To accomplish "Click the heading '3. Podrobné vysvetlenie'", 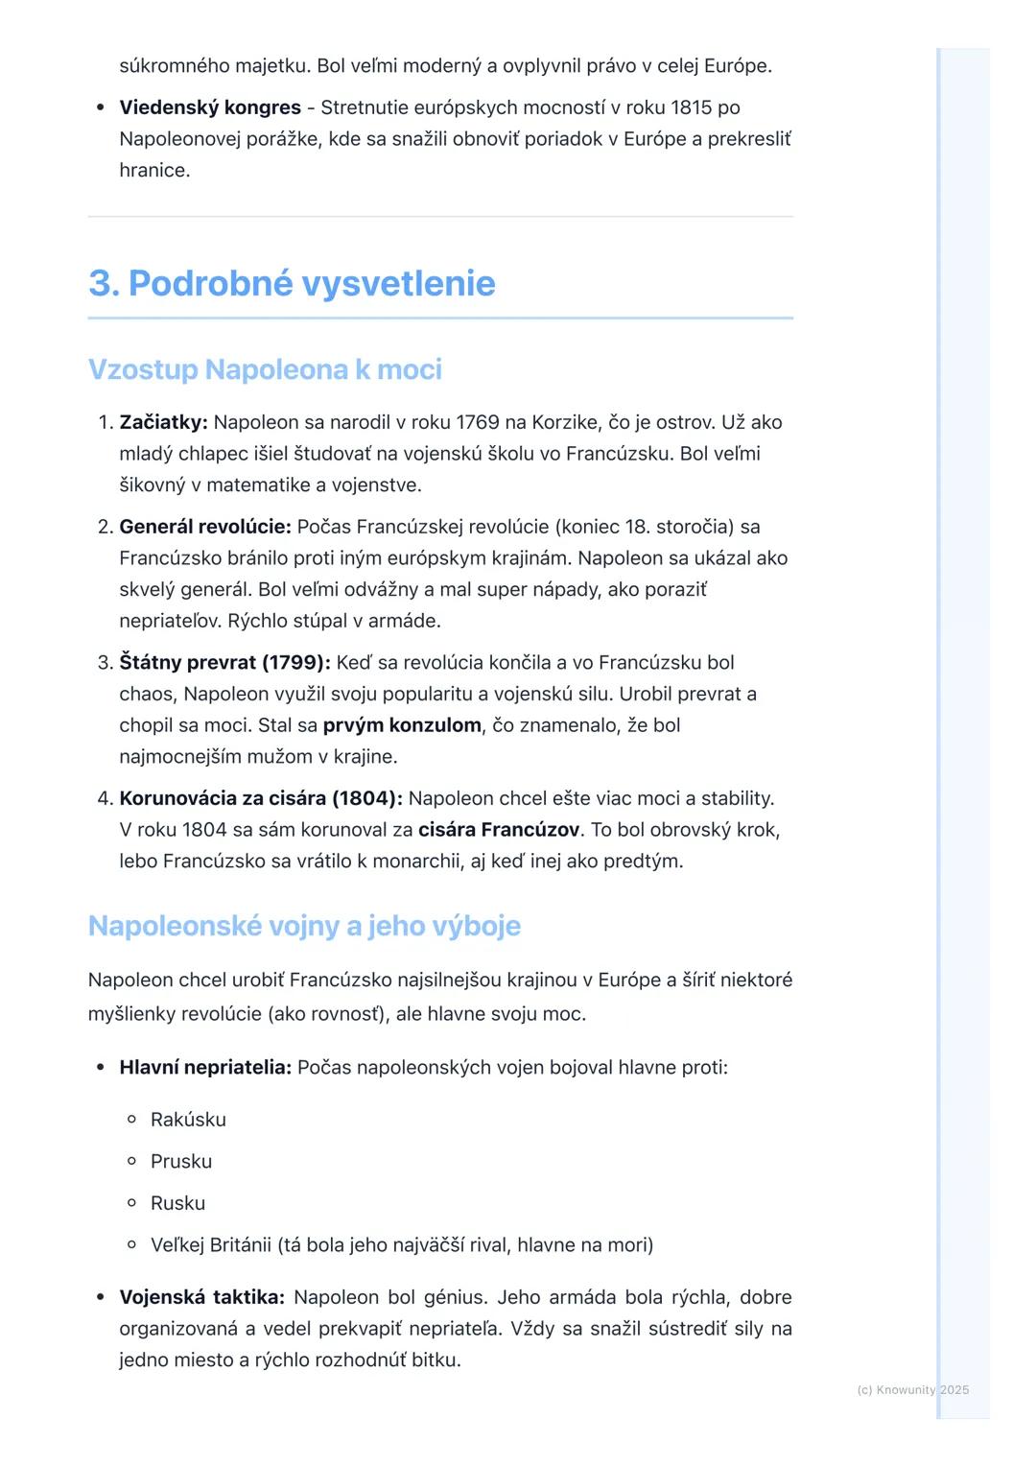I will coord(292,284).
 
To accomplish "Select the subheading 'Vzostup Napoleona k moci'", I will coord(265,369).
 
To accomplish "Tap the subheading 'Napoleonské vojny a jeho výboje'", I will coord(304,926).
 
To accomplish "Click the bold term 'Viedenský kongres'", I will coord(210,107).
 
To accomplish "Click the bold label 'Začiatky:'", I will coord(163,422).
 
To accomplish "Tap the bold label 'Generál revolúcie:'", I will coord(204,527).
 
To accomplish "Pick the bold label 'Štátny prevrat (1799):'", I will coord(224,663).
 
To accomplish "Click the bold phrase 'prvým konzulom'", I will coord(402,725).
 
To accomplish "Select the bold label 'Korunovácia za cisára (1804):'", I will coord(261,798).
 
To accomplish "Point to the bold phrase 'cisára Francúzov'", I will coord(499,830).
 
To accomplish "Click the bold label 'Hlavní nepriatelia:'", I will coord(205,1068).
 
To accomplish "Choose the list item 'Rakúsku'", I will coord(188,1120).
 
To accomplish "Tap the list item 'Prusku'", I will coord(181,1162).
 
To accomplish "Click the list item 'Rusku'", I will coord(177,1203).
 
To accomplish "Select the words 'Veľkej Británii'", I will coord(211,1245).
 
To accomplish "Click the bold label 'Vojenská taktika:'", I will coord(201,1298).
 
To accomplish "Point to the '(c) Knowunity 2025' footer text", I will coord(912,1390).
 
